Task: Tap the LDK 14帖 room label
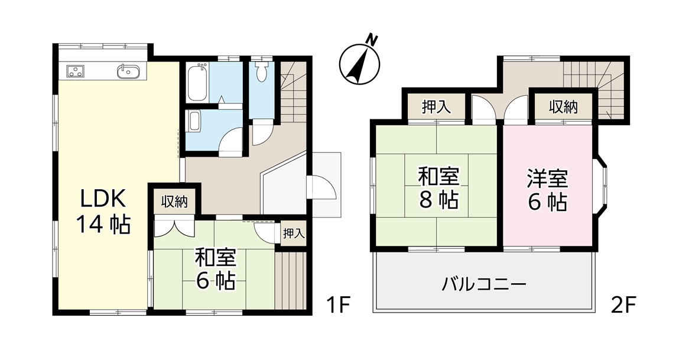103,211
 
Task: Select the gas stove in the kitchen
76,71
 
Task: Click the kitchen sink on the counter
128,71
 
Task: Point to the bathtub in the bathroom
199,82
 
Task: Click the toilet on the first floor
262,70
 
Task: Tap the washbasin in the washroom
194,121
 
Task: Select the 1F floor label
338,306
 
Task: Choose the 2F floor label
623,306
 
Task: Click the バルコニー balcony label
484,284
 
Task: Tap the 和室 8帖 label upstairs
438,188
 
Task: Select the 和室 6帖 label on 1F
215,268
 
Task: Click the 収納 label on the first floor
174,201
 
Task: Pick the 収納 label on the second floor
563,106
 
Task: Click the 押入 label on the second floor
436,106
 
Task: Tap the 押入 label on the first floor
294,233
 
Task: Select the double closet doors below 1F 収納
174,228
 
